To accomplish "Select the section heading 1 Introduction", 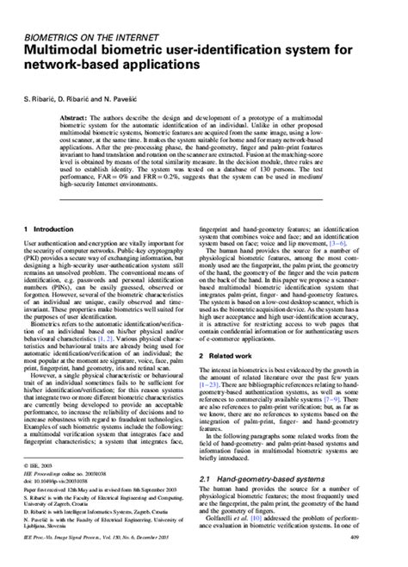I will tap(48, 229).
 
